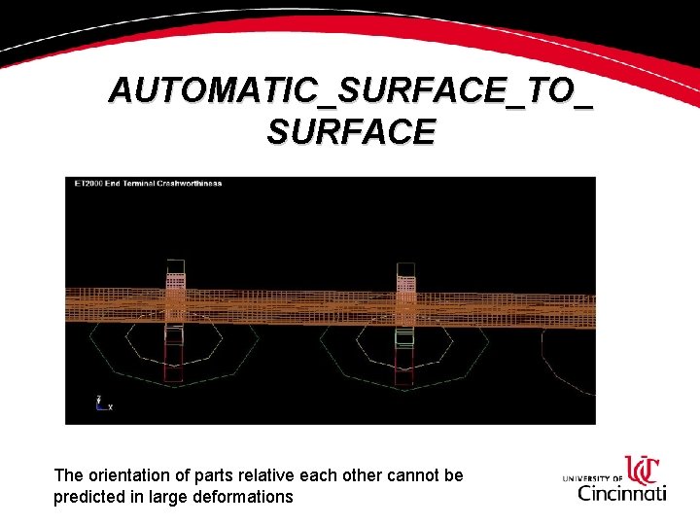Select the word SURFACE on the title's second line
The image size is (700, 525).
tap(350, 131)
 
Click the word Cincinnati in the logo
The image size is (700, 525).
tap(622, 493)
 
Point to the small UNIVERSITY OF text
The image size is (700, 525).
tap(592, 478)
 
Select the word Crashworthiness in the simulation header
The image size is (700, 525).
tap(189, 183)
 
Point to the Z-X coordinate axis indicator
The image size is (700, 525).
tap(101, 402)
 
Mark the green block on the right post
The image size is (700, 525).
tap(404, 337)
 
